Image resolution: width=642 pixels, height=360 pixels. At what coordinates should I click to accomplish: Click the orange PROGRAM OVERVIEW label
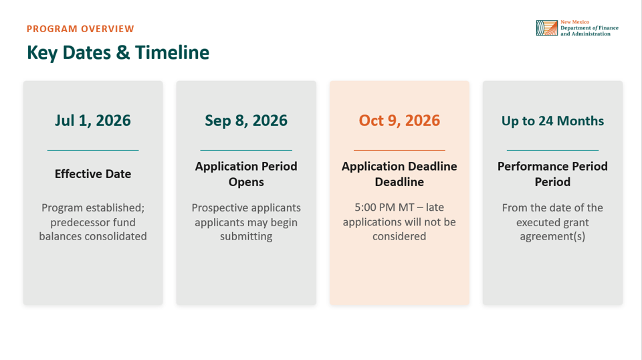click(x=80, y=29)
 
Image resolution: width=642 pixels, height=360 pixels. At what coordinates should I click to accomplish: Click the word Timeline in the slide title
click(x=172, y=52)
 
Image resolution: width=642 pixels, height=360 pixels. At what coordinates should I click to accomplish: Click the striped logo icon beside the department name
click(x=547, y=28)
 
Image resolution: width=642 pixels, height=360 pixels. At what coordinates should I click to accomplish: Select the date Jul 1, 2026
click(x=93, y=120)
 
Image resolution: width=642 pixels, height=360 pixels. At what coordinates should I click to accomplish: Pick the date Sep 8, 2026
click(x=246, y=120)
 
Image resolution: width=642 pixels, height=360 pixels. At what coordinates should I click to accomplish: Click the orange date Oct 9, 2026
click(x=399, y=120)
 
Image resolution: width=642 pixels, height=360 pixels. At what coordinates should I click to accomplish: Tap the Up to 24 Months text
click(x=553, y=121)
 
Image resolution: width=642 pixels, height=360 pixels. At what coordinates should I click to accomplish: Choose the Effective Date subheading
click(x=93, y=174)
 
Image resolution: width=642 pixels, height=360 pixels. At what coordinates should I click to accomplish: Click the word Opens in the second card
click(x=246, y=182)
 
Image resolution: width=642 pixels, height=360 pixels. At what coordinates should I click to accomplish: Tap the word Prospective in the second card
click(x=218, y=208)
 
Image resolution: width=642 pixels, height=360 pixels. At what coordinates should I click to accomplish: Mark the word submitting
click(x=246, y=237)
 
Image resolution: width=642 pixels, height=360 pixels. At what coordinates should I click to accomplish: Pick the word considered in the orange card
click(x=399, y=236)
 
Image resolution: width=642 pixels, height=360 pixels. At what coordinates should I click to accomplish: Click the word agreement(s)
click(x=553, y=237)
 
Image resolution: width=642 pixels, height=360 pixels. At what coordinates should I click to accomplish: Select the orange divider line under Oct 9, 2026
click(x=399, y=151)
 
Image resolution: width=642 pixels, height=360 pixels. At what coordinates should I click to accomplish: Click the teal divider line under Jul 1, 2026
click(x=93, y=151)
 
